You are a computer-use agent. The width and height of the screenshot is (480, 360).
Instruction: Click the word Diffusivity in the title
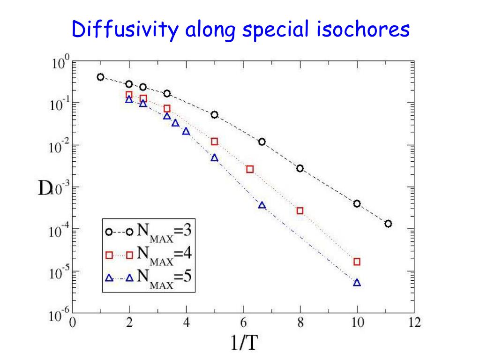tap(125, 30)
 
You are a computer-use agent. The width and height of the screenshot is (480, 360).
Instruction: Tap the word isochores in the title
tap(363, 30)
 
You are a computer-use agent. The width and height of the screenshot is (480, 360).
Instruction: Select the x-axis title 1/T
tap(244, 342)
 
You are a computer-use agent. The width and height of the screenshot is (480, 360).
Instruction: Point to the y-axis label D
tap(45, 188)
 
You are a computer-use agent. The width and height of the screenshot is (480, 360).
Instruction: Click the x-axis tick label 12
tap(414, 322)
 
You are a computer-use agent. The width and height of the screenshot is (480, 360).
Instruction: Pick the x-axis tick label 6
tap(243, 322)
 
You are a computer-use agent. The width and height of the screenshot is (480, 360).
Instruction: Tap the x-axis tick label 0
tap(73, 322)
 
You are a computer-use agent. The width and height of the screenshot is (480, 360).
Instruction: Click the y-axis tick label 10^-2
tap(60, 146)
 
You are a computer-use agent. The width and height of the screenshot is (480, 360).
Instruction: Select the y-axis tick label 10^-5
tap(60, 272)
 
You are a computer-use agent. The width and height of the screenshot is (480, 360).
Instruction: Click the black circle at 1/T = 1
tap(100, 77)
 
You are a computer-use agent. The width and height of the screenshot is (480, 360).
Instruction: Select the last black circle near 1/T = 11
tap(388, 224)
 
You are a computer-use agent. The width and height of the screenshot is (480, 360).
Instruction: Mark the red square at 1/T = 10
tap(357, 262)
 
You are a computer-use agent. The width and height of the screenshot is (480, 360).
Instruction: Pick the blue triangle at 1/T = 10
tap(357, 283)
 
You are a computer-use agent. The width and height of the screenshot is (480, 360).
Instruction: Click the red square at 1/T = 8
tap(300, 211)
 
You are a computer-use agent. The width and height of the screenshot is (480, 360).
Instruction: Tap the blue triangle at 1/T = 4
tap(186, 132)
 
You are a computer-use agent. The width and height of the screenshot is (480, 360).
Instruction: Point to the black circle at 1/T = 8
tap(300, 168)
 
